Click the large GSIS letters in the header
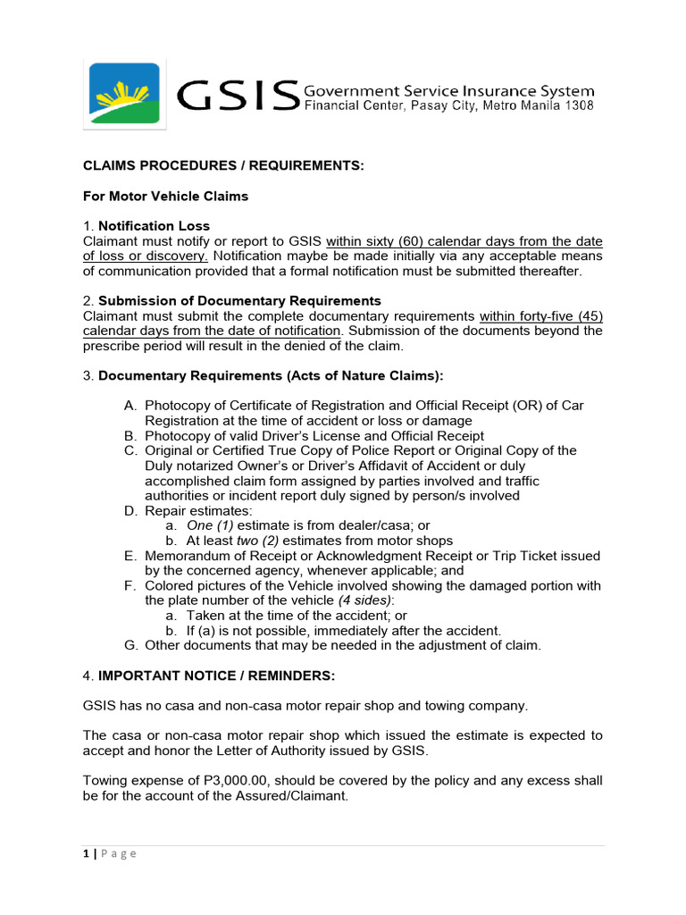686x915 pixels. [237, 97]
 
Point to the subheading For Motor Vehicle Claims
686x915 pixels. [166, 196]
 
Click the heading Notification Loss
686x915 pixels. [154, 226]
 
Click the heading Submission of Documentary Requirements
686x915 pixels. [239, 301]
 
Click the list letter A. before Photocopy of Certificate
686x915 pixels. [130, 406]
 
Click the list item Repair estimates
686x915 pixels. [190, 511]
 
